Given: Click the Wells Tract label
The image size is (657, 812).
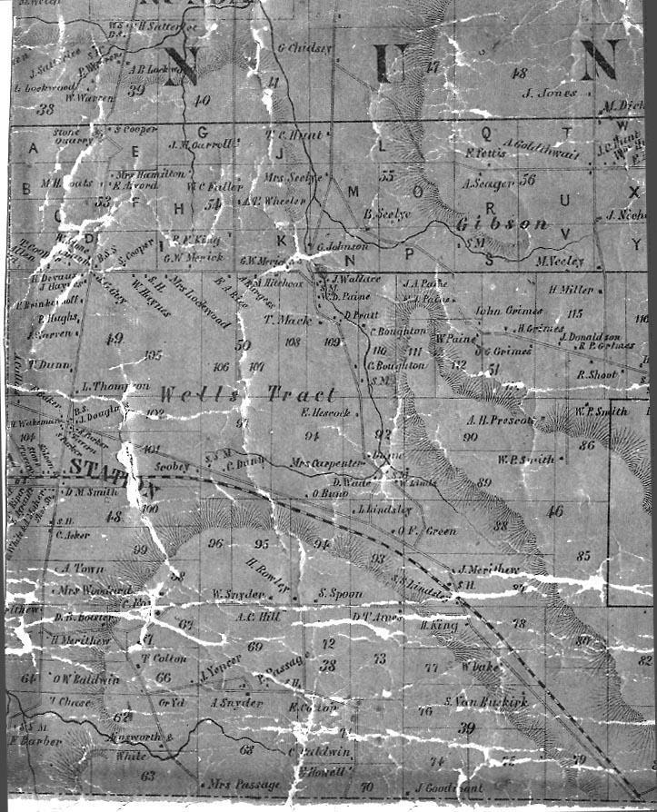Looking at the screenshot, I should click(247, 395).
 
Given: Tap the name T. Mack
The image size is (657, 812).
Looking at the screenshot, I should click(286, 320).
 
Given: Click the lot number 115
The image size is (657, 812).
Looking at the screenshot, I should click(573, 313).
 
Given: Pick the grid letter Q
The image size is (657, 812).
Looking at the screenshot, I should click(486, 132).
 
